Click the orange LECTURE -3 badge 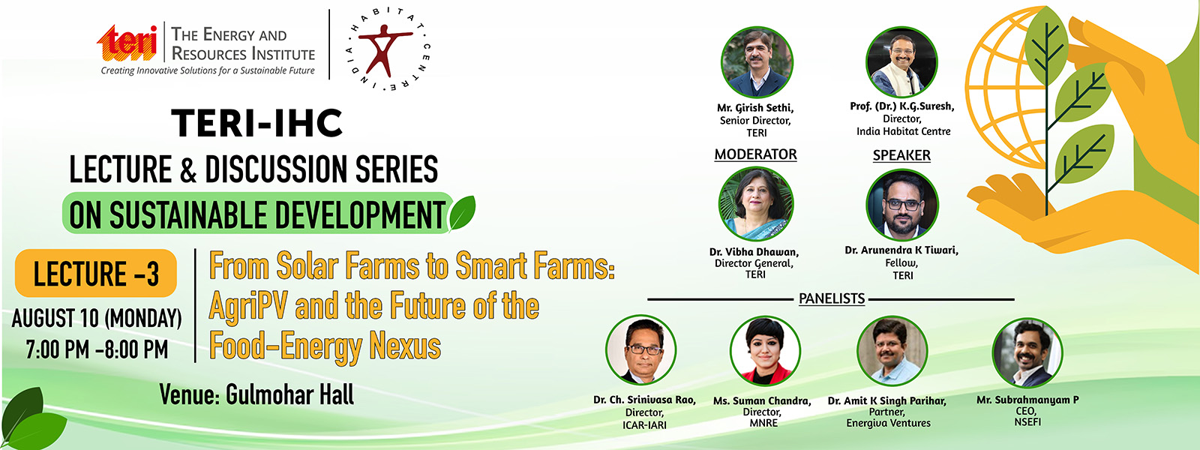[96, 273]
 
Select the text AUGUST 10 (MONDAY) [97, 318]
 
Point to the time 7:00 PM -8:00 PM [97, 349]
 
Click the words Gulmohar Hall [289, 395]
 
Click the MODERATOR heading [755, 154]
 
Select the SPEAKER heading [901, 155]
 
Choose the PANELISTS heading [832, 298]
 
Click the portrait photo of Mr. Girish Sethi [757, 63]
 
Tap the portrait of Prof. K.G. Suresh [901, 61]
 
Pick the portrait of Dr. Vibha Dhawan [756, 204]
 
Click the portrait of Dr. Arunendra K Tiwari [902, 205]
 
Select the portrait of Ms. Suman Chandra [765, 351]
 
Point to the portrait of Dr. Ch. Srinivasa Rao [640, 349]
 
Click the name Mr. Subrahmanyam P [1027, 400]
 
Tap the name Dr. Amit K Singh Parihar [887, 400]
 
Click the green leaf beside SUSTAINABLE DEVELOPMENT [462, 212]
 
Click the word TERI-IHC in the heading [257, 123]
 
